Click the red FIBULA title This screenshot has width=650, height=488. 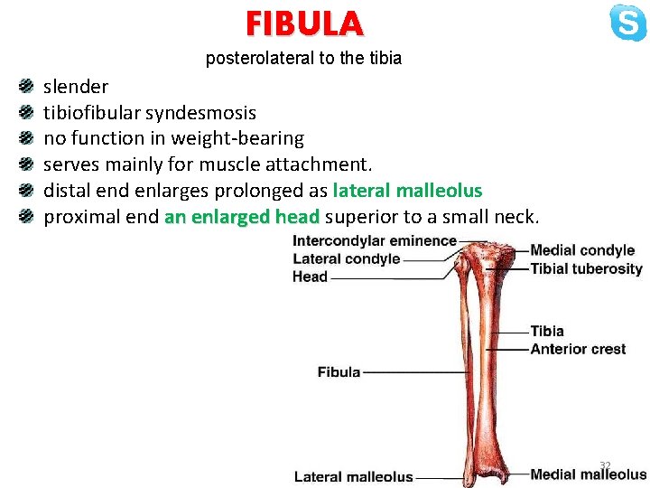303,23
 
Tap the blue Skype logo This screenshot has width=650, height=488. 627,23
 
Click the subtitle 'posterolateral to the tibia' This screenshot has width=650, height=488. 303,59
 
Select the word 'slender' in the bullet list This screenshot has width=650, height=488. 76,87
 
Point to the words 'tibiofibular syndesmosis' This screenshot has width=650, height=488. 150,113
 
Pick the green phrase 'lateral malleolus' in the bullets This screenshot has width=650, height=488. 407,191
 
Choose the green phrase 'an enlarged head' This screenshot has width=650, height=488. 242,217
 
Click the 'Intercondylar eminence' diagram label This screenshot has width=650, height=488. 375,241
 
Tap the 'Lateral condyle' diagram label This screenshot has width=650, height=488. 346,258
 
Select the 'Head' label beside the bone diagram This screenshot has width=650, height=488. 310,277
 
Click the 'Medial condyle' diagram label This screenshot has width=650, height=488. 582,250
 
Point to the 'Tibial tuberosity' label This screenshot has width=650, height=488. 586,268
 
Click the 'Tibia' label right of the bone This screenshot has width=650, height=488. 547,332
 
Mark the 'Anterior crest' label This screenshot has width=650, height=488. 578,349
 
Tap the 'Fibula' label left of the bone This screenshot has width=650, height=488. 339,371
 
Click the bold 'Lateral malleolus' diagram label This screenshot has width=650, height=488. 353,477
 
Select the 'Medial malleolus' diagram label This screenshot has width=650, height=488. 588,474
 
